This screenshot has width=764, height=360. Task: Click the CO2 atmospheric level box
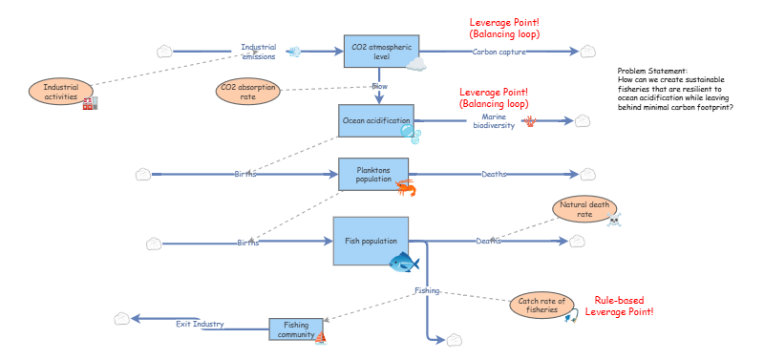(x=381, y=52)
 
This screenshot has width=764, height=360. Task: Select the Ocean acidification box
(x=376, y=120)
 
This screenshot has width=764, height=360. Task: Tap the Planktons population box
(x=373, y=174)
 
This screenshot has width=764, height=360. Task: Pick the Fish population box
(x=371, y=242)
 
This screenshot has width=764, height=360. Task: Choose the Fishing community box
(x=296, y=328)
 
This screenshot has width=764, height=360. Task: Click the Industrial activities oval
(x=61, y=92)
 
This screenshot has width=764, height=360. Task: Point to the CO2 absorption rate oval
(x=248, y=92)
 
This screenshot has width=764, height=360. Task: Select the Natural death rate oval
(x=584, y=208)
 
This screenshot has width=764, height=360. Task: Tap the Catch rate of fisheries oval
(x=541, y=306)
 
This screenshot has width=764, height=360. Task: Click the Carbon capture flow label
(x=499, y=52)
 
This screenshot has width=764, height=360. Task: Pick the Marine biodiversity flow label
(x=494, y=121)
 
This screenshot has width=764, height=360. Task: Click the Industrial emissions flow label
(x=259, y=52)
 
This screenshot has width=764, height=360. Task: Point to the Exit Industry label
(x=200, y=324)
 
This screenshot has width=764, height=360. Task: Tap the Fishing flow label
(x=427, y=290)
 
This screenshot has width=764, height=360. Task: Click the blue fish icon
(x=404, y=263)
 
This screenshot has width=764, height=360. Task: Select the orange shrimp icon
(x=405, y=187)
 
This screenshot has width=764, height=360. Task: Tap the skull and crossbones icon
(x=613, y=220)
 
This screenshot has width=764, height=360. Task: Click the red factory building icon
(x=90, y=103)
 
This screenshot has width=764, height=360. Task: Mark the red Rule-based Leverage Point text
(x=619, y=306)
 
